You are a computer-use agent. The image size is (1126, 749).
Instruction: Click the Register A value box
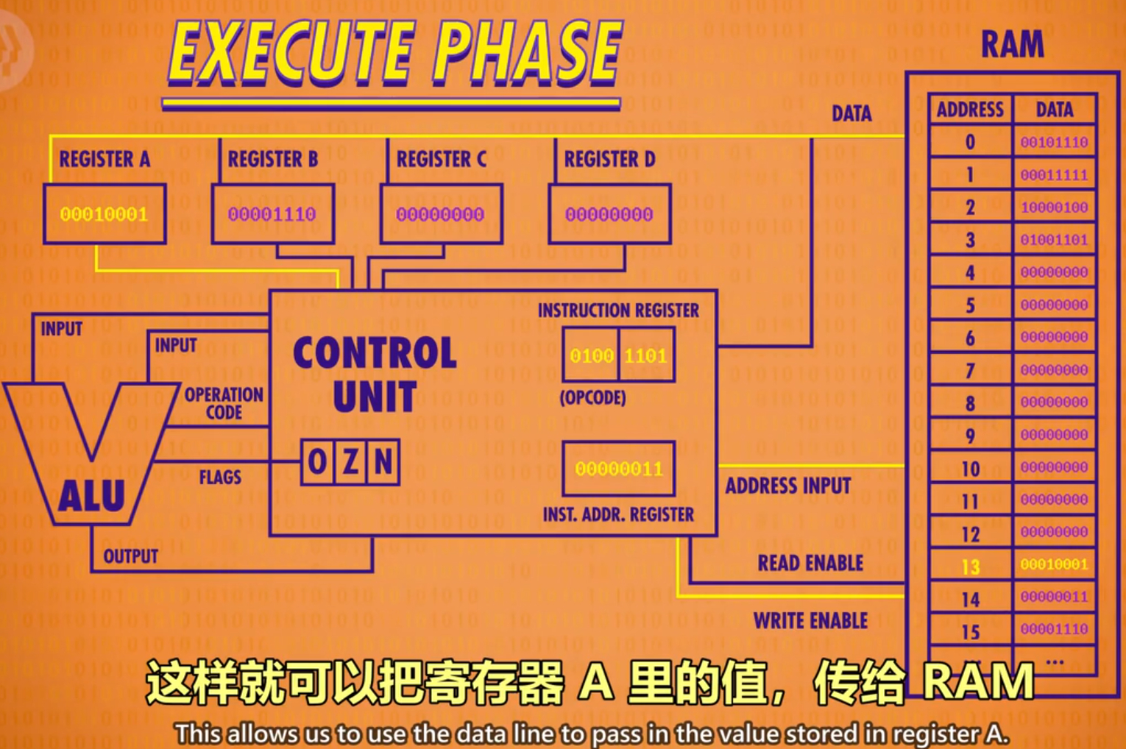[x=105, y=214]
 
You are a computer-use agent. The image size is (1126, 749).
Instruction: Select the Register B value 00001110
[x=272, y=214]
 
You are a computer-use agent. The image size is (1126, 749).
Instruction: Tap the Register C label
[x=442, y=159]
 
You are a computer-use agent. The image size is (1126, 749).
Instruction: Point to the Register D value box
[x=609, y=214]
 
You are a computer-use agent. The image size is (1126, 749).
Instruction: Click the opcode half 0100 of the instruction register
[x=591, y=356]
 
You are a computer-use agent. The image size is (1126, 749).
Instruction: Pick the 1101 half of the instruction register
[x=646, y=356]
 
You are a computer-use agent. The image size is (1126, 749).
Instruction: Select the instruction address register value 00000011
[x=619, y=469]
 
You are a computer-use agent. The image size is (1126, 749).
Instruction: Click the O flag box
[x=318, y=462]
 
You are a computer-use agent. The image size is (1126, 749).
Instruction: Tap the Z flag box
[x=351, y=462]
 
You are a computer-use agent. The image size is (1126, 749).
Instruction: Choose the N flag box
[x=383, y=462]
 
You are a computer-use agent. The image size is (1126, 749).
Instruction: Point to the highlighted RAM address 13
[x=971, y=567]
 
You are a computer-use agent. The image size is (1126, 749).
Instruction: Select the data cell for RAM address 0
[x=1054, y=142]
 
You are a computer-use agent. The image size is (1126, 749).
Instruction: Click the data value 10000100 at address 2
[x=1054, y=207]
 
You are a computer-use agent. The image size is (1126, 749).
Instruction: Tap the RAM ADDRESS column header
[x=970, y=110]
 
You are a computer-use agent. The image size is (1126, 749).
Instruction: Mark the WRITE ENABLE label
[x=810, y=621]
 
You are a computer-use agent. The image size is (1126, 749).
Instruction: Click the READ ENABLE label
[x=810, y=563]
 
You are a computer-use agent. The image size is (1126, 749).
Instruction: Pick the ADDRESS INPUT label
[x=788, y=486]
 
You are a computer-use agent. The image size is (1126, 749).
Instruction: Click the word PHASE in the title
[x=527, y=52]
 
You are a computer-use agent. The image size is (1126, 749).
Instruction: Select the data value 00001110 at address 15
[x=1054, y=629]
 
